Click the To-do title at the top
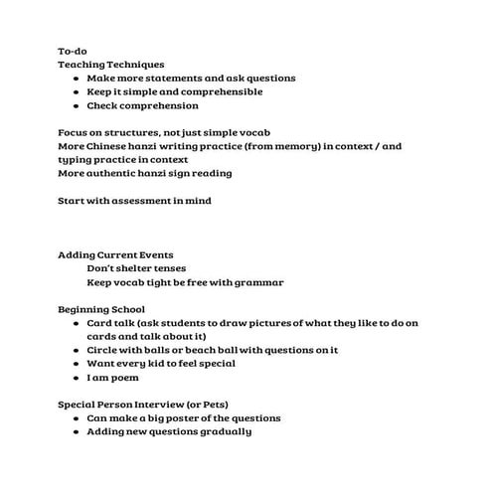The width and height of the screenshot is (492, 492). [73, 51]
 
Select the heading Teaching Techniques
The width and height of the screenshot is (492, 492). [111, 65]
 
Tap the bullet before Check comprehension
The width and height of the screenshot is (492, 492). [77, 105]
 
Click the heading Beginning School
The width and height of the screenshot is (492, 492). [100, 309]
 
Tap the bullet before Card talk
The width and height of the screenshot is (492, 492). [77, 323]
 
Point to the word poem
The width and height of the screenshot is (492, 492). [123, 378]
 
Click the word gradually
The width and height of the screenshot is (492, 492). [223, 431]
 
